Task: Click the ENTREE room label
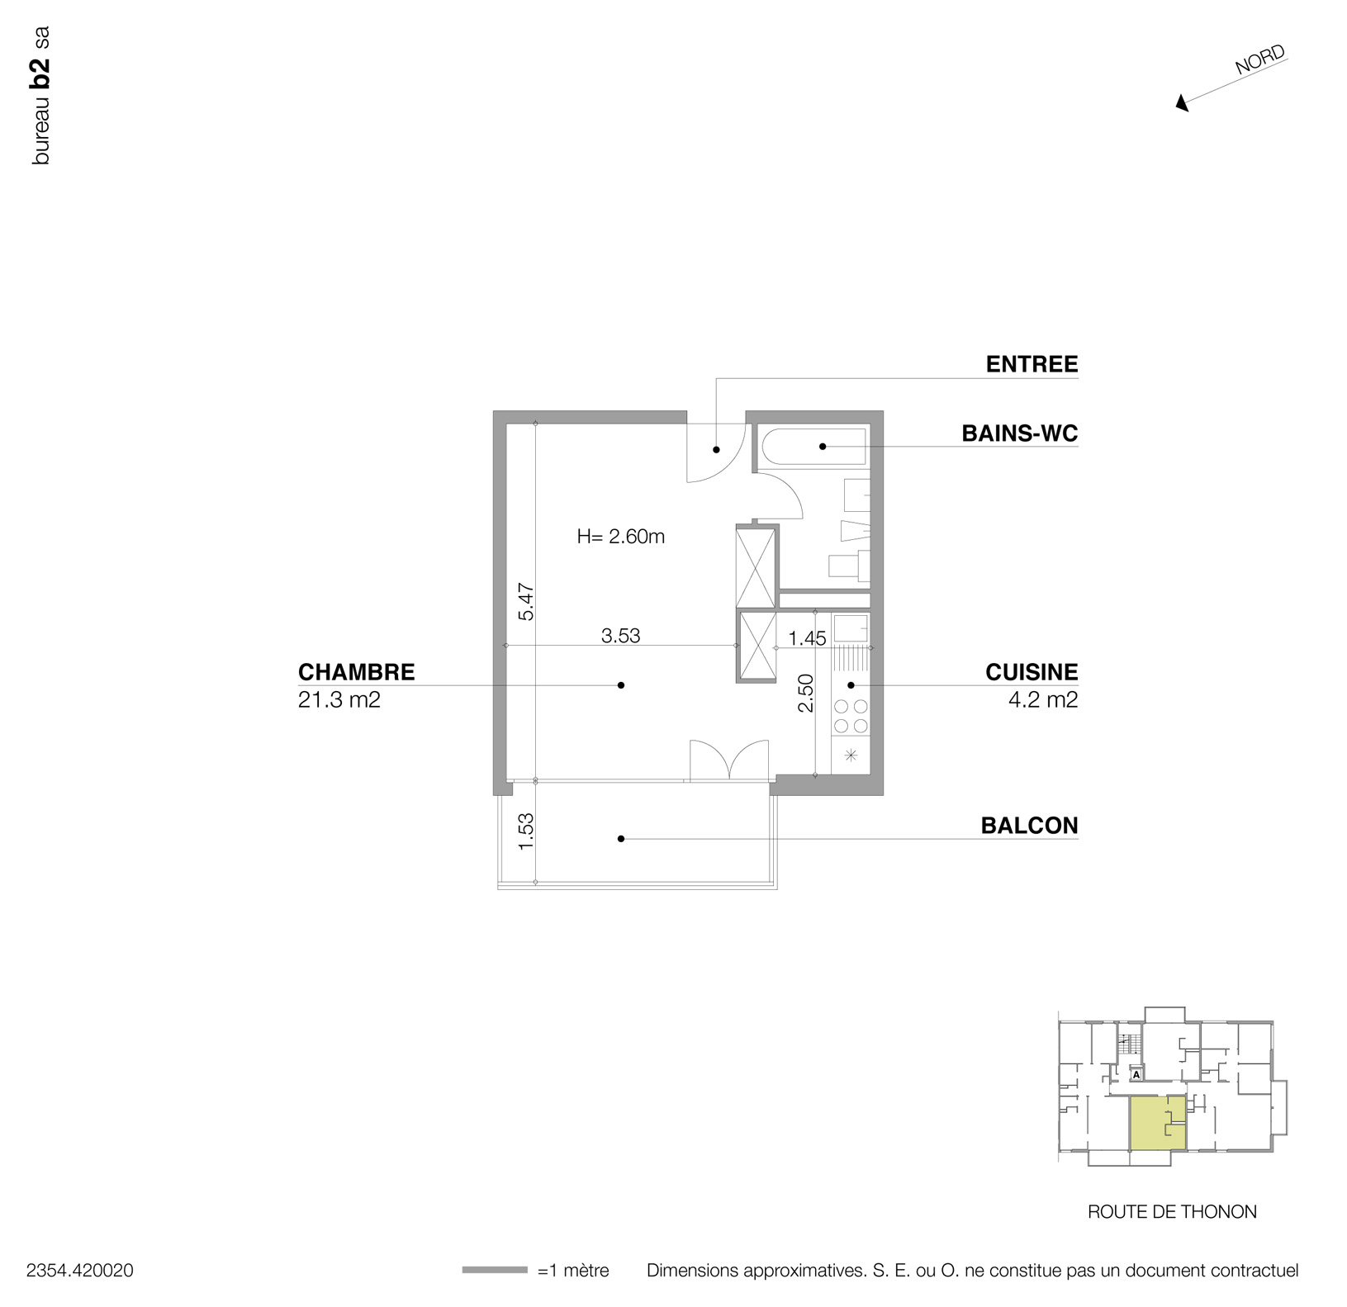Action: (x=1032, y=364)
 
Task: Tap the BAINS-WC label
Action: (x=1020, y=433)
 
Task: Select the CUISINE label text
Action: (x=1032, y=672)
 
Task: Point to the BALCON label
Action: (x=1029, y=826)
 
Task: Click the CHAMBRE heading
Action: (x=356, y=672)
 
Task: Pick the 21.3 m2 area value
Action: (x=339, y=701)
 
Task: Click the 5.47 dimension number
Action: (x=526, y=602)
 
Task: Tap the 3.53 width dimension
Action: (x=620, y=636)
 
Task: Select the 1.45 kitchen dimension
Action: (x=807, y=638)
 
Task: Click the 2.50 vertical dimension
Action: (x=805, y=693)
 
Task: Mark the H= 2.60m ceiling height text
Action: (x=620, y=537)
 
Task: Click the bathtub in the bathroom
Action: (x=813, y=447)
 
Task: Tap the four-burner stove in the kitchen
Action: (x=851, y=716)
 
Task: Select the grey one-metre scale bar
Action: (x=494, y=1270)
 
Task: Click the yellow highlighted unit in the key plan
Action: (x=1156, y=1124)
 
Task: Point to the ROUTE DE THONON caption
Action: (x=1172, y=1212)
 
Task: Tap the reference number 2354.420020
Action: (x=80, y=1271)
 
